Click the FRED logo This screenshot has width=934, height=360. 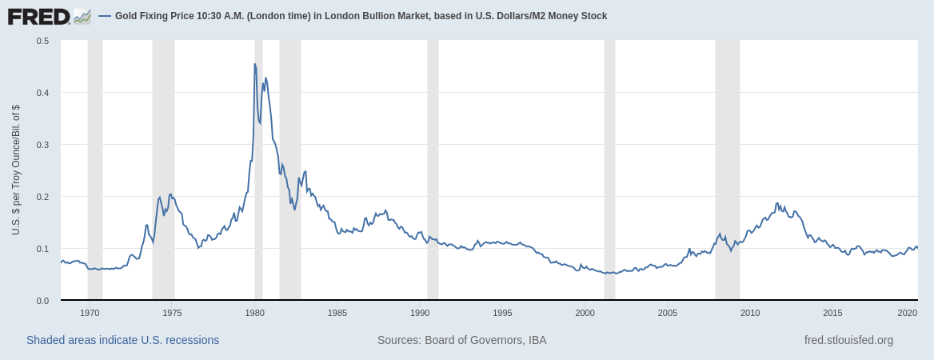49,16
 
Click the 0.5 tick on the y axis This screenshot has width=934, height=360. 42,41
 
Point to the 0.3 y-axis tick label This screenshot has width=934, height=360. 42,145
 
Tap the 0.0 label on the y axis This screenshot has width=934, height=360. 42,301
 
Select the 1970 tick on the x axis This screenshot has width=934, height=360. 90,313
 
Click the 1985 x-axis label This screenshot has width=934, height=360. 337,313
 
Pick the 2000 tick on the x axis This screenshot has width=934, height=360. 585,313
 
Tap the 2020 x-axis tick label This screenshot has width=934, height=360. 907,313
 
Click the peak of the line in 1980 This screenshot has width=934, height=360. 255,64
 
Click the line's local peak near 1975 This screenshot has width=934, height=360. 171,194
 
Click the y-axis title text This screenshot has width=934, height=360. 16,170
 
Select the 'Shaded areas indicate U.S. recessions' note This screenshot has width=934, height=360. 122,340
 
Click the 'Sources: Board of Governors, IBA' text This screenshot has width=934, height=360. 461,340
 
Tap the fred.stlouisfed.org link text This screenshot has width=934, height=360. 848,340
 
